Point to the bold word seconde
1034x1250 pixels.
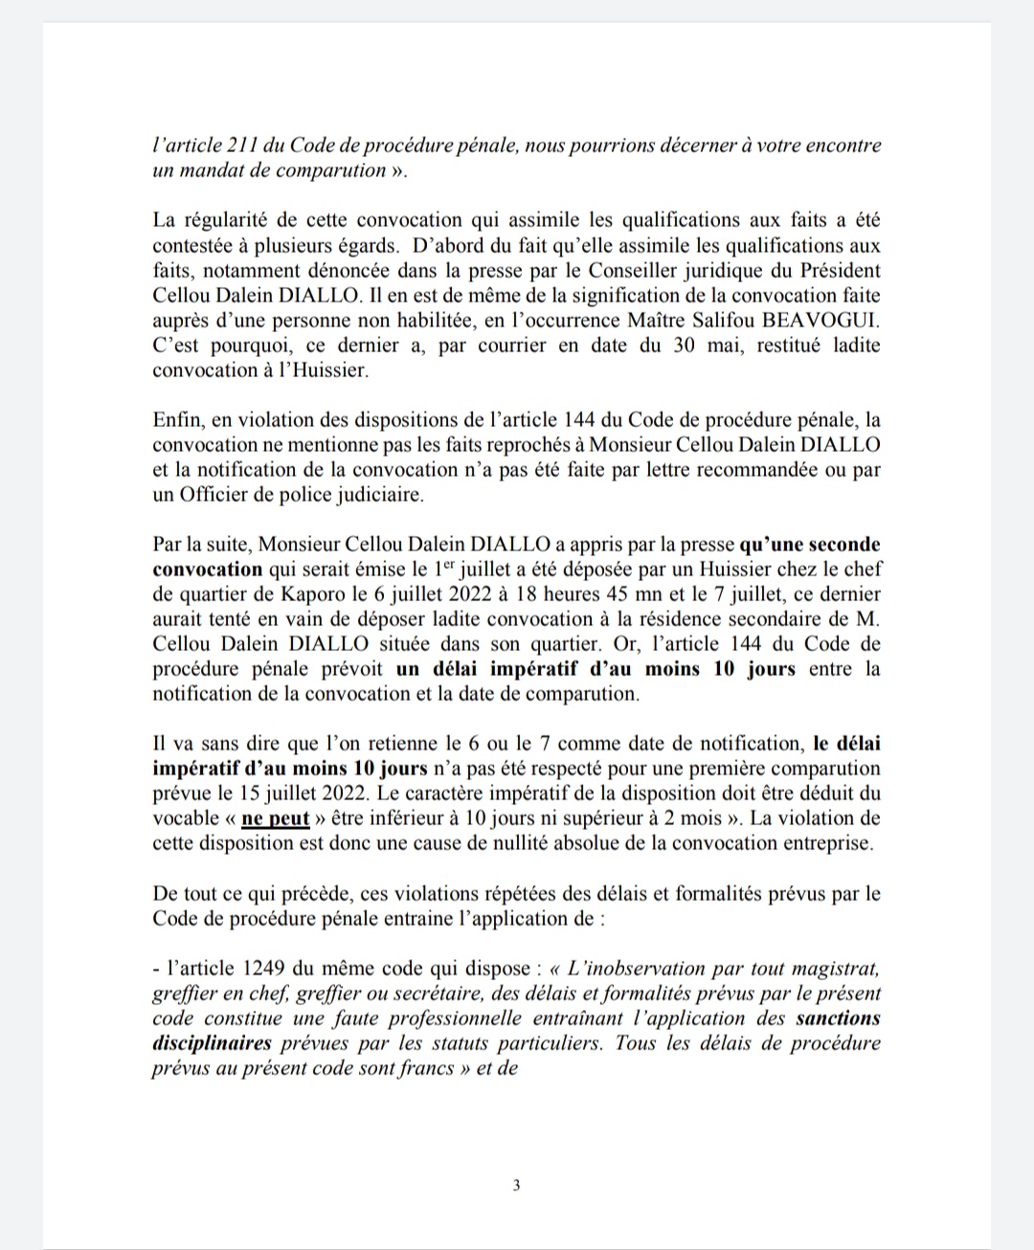tap(845, 544)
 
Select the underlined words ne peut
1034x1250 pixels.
tap(275, 818)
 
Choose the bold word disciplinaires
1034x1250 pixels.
tap(212, 1042)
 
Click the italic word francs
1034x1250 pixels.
tap(427, 1067)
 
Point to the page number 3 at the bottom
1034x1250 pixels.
tap(517, 1186)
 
